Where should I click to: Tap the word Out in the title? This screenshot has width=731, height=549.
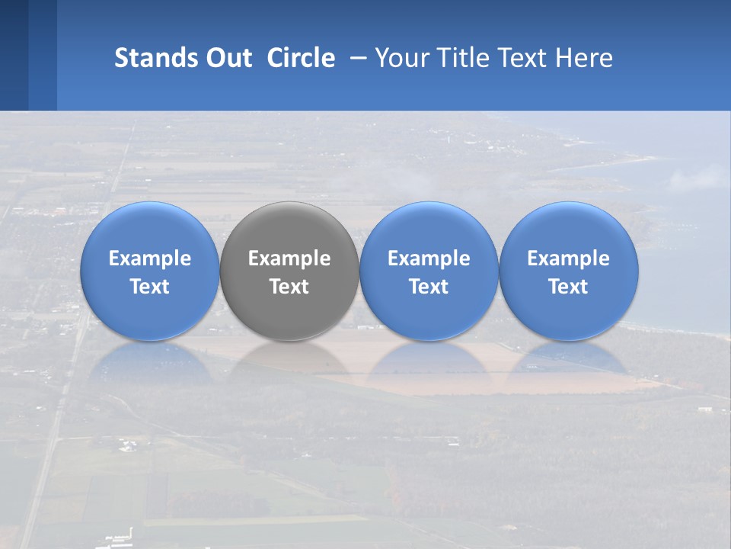[x=226, y=58]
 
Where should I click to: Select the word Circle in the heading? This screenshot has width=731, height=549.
[x=301, y=58]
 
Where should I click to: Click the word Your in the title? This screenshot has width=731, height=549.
[x=400, y=58]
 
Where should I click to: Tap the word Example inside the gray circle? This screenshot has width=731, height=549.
[x=289, y=258]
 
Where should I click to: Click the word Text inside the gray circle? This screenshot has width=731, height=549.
[x=289, y=287]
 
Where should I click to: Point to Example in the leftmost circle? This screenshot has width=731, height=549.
[x=149, y=258]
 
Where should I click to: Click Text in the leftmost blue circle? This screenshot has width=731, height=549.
[x=149, y=287]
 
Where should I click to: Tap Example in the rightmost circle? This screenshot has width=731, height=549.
[x=569, y=258]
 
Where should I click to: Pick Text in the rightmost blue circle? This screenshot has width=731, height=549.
[x=569, y=287]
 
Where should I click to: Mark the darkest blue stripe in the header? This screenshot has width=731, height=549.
[x=14, y=55]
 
